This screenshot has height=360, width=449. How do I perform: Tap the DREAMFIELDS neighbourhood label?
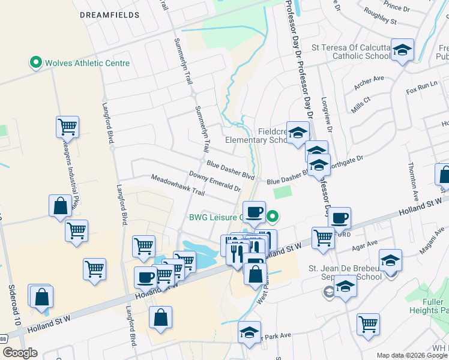point(110,14)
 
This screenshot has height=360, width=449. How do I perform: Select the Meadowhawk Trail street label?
point(178,185)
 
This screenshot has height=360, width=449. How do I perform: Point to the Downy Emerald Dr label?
point(214,181)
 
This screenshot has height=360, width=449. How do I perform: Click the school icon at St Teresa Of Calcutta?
point(403,50)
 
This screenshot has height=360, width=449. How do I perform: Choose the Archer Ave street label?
point(369,83)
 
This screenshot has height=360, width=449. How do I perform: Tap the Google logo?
point(20,353)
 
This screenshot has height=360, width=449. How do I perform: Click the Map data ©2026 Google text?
point(412,355)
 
